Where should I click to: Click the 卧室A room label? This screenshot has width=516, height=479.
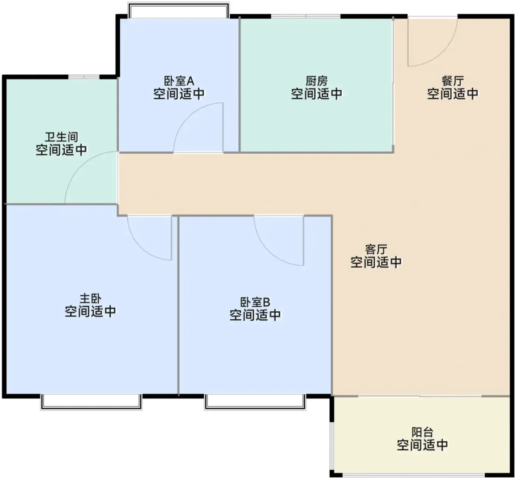click(x=179, y=81)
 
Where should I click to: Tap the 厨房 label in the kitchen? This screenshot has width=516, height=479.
click(x=316, y=81)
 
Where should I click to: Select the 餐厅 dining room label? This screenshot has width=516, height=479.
click(x=453, y=81)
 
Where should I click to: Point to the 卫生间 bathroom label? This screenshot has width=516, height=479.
click(x=61, y=137)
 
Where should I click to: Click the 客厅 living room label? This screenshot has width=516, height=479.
click(x=376, y=249)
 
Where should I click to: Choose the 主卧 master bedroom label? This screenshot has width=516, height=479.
click(x=90, y=299)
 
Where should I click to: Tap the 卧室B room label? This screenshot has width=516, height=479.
click(x=255, y=303)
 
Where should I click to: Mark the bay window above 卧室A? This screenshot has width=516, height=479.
click(x=179, y=10)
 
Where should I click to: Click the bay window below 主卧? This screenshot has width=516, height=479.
click(x=91, y=402)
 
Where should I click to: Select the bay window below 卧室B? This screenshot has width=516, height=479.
click(x=255, y=402)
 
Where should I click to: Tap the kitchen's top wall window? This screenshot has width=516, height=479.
click(x=306, y=16)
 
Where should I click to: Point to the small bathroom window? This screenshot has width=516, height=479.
click(x=84, y=77)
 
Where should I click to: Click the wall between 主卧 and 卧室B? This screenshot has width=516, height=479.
click(x=178, y=306)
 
